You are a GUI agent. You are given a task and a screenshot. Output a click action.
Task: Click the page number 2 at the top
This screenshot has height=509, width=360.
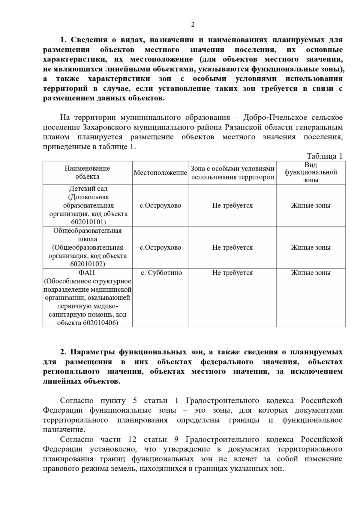[x=193, y=25]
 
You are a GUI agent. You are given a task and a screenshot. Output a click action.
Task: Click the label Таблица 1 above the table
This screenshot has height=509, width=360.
[x=324, y=156]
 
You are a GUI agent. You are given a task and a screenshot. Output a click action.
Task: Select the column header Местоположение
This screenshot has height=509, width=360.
[x=160, y=173]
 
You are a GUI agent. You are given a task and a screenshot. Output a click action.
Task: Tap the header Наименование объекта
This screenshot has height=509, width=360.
[x=87, y=172]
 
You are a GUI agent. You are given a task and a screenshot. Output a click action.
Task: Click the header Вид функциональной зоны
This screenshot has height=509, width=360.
[x=310, y=172]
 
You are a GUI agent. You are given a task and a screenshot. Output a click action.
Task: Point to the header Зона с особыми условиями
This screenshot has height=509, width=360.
[x=232, y=169]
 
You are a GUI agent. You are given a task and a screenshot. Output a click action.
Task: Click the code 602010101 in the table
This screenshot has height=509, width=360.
[x=87, y=222]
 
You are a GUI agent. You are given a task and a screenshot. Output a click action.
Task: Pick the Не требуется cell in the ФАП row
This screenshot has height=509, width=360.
[x=232, y=273]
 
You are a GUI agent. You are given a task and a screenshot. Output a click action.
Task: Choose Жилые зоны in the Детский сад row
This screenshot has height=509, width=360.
[x=310, y=205]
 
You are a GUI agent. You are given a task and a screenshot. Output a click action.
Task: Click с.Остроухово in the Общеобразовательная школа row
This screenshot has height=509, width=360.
[x=160, y=248]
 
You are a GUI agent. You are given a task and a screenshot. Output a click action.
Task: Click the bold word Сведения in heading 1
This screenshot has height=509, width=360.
[x=89, y=40]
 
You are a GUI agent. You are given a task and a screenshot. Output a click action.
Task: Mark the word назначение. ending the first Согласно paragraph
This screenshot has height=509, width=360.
[x=64, y=430]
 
